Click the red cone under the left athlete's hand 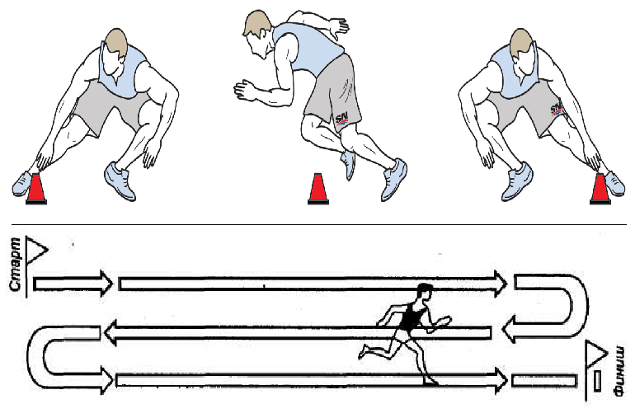click(36, 189)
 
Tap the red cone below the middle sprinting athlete click(317, 189)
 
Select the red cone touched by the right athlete click(600, 189)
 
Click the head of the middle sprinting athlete click(258, 35)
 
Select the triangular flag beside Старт click(37, 251)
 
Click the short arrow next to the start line click(72, 284)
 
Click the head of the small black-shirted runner click(425, 292)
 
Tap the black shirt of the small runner click(411, 317)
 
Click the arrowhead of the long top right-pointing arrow click(500, 284)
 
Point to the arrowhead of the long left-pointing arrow click(111, 332)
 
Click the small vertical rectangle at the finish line click(597, 381)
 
